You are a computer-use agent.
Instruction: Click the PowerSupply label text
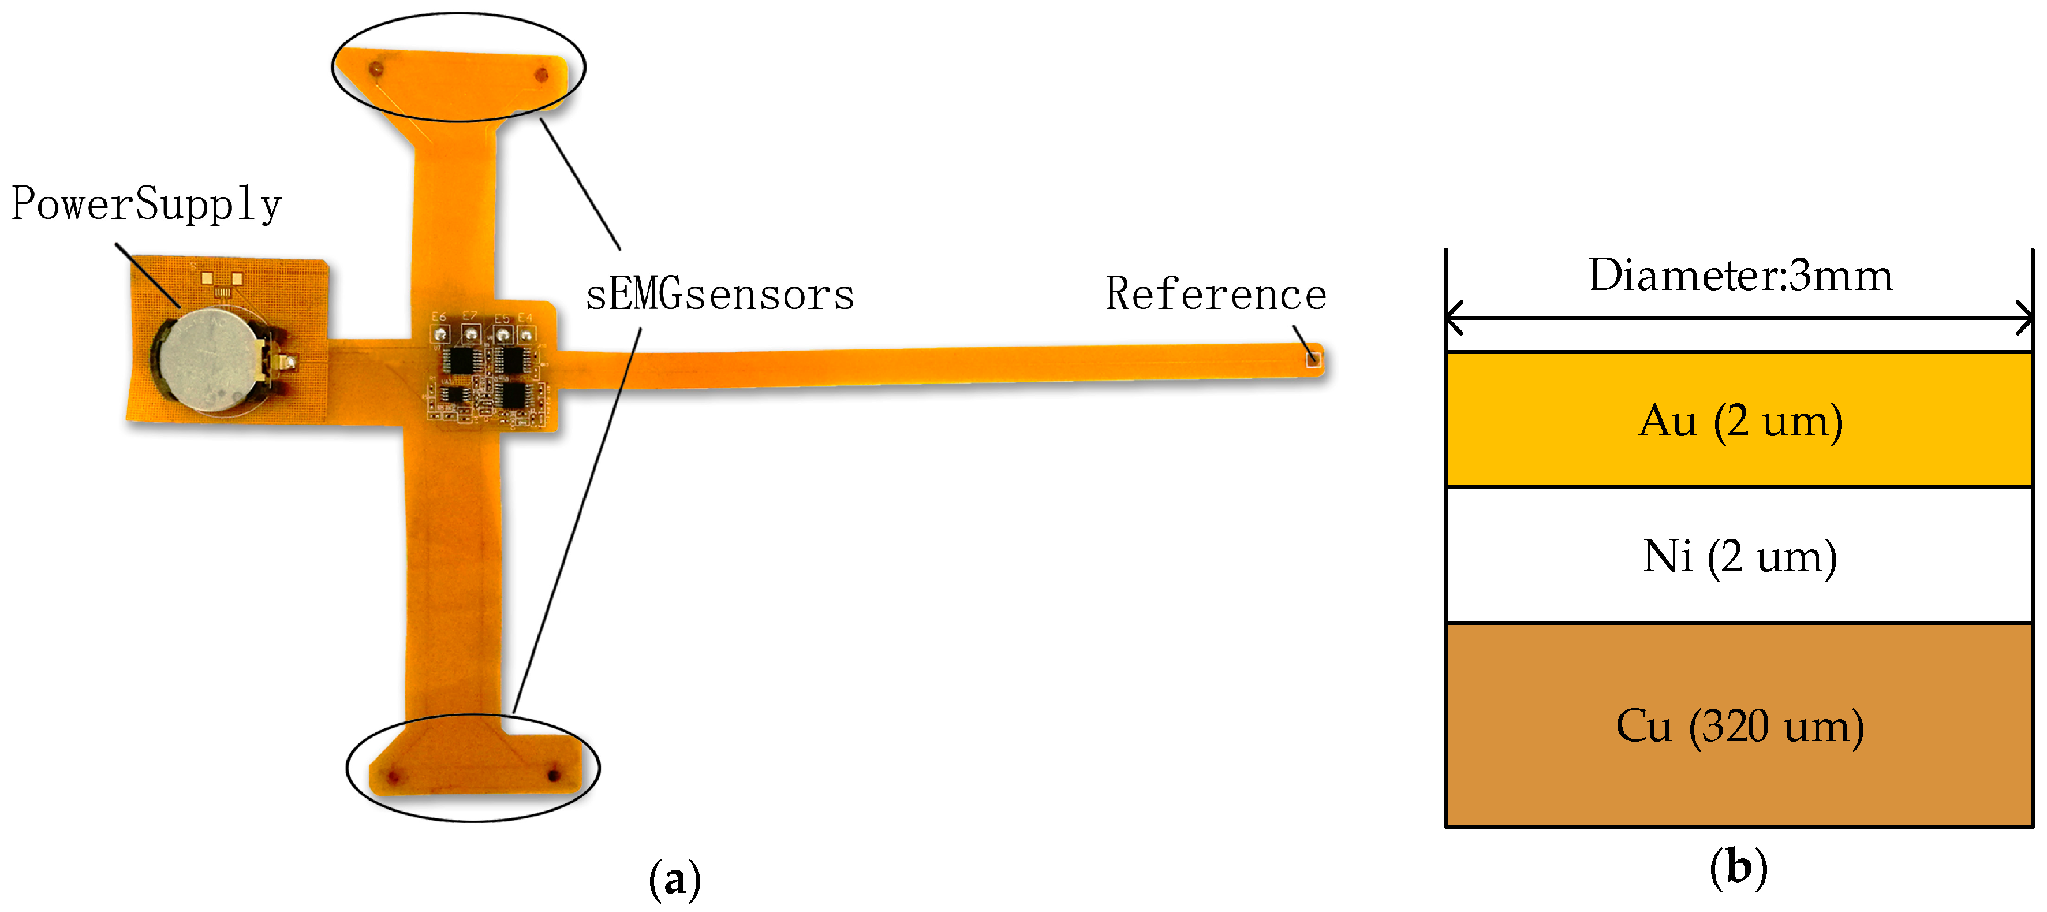147,204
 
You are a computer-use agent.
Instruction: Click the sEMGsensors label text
720,295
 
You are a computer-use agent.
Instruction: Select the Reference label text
1216,294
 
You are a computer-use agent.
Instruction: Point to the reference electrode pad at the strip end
1313,359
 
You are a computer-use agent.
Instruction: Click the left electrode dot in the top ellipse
376,70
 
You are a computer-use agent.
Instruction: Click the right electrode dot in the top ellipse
542,76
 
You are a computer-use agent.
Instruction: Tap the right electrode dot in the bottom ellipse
554,773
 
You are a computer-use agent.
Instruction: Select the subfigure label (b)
1738,867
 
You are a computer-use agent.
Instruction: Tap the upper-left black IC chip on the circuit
458,359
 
